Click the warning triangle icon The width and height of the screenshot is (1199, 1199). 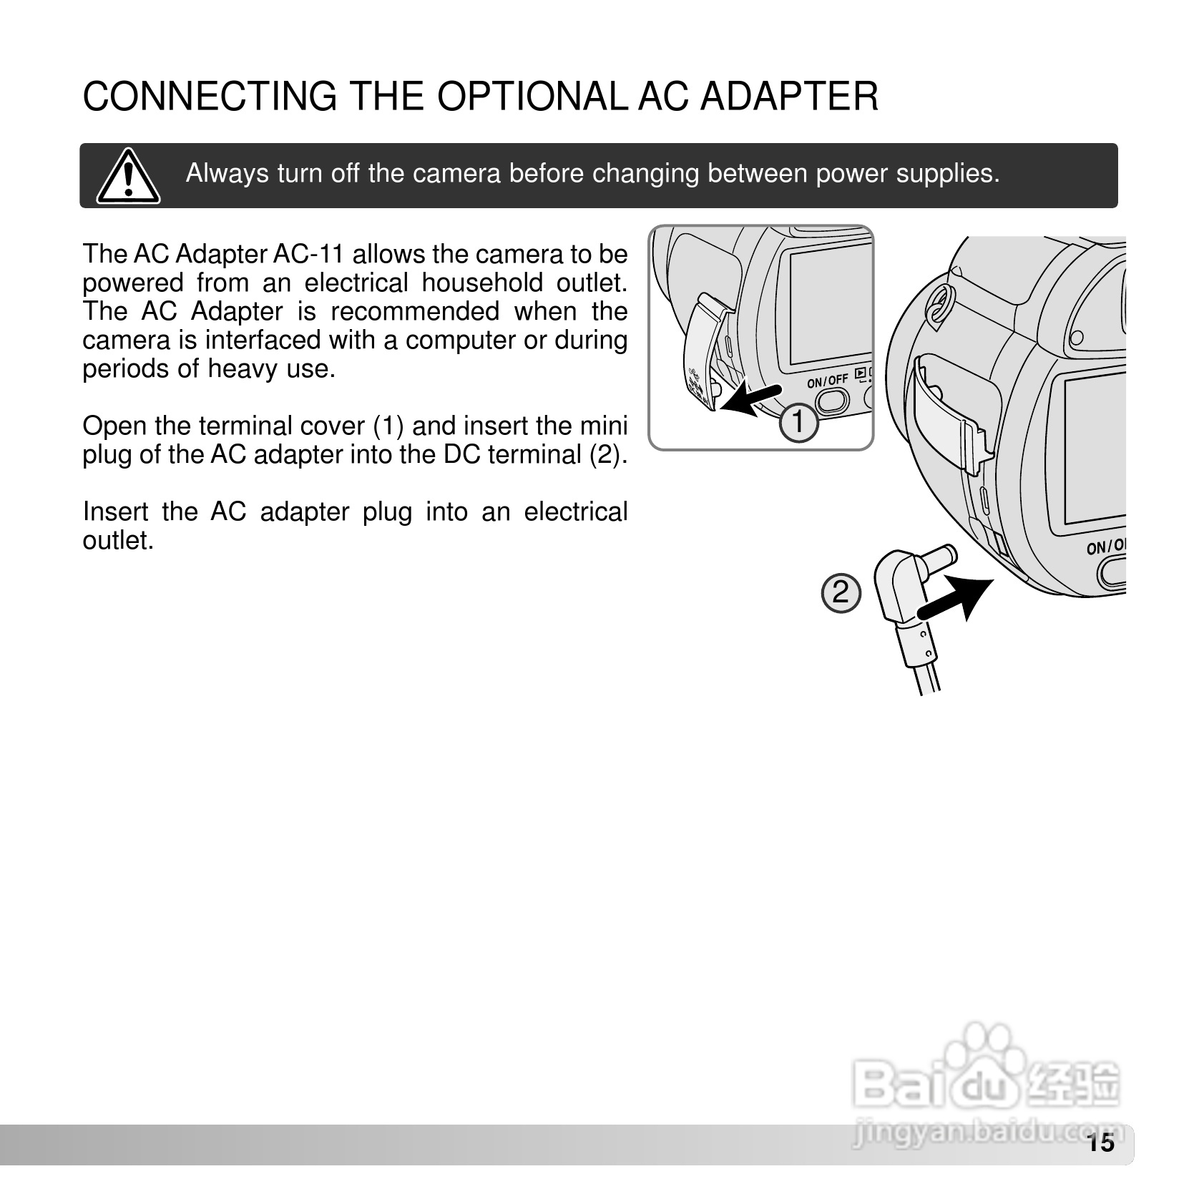tap(128, 176)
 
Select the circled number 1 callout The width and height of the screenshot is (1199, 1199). tap(798, 423)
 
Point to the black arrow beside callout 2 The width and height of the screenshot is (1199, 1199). tap(956, 598)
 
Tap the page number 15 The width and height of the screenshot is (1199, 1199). tap(1102, 1143)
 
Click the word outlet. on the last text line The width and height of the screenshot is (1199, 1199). tap(119, 541)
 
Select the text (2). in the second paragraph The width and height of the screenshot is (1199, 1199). tap(607, 455)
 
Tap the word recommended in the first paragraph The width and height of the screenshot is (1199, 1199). tap(414, 312)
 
